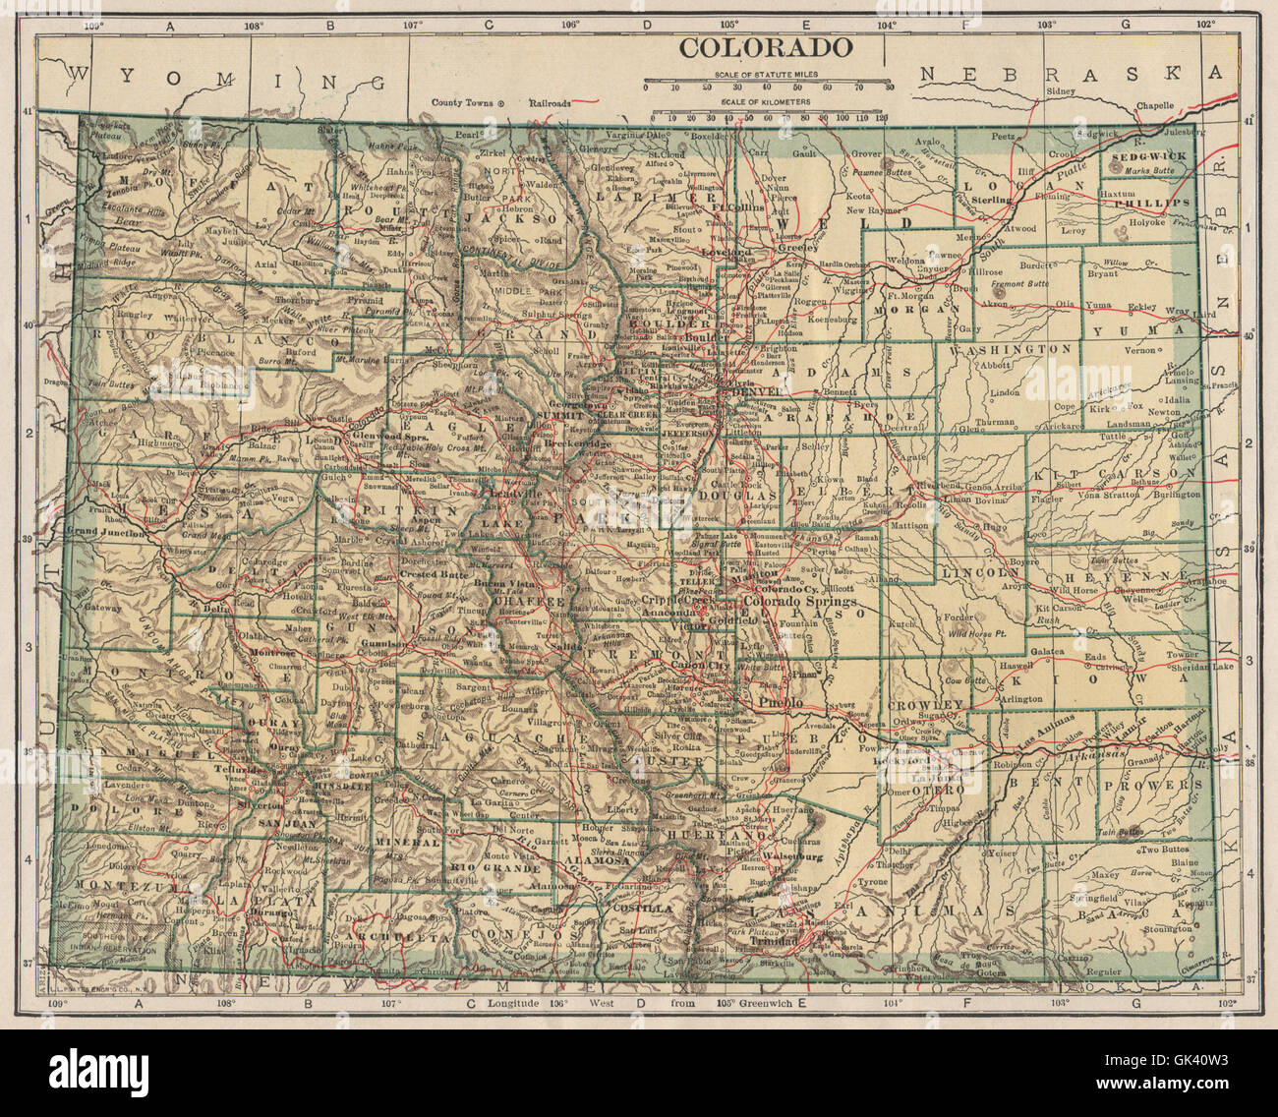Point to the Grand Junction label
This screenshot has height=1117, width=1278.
click(104, 532)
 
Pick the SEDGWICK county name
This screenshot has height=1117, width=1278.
click(1149, 156)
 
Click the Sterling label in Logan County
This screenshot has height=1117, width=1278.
click(991, 200)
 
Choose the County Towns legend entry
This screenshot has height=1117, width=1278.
click(463, 101)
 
